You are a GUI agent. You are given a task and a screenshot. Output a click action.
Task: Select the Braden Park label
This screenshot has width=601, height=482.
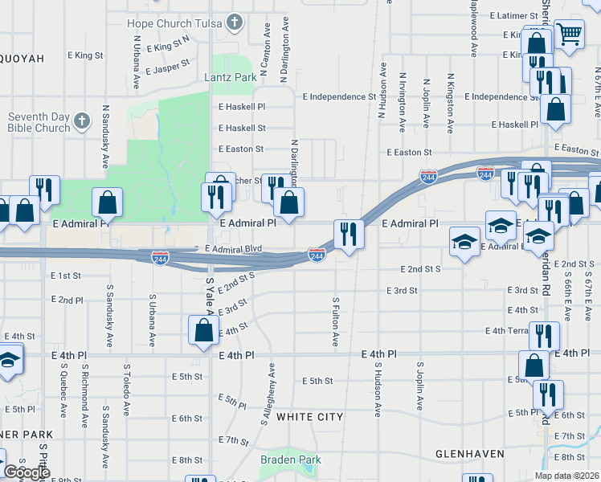[290, 460]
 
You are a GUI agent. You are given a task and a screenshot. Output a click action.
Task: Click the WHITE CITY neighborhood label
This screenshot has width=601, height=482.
[309, 417]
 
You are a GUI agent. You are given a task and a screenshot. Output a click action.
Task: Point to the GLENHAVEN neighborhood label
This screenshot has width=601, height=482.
[470, 454]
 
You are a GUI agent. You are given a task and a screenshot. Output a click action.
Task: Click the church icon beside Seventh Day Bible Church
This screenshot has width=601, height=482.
[81, 121]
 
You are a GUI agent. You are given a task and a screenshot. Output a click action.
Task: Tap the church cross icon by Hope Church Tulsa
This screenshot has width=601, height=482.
[235, 22]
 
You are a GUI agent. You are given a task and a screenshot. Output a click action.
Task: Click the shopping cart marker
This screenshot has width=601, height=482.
[569, 35]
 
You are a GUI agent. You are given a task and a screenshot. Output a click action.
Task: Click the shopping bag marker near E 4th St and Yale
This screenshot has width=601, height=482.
[204, 329]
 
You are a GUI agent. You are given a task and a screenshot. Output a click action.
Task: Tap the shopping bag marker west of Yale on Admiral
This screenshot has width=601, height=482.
[107, 202]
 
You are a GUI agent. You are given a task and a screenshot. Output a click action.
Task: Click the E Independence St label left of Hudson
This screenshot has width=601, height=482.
[339, 96]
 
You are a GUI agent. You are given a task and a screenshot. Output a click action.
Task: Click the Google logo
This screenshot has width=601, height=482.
[27, 472]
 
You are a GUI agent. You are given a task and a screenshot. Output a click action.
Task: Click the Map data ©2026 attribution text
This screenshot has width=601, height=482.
[566, 476]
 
